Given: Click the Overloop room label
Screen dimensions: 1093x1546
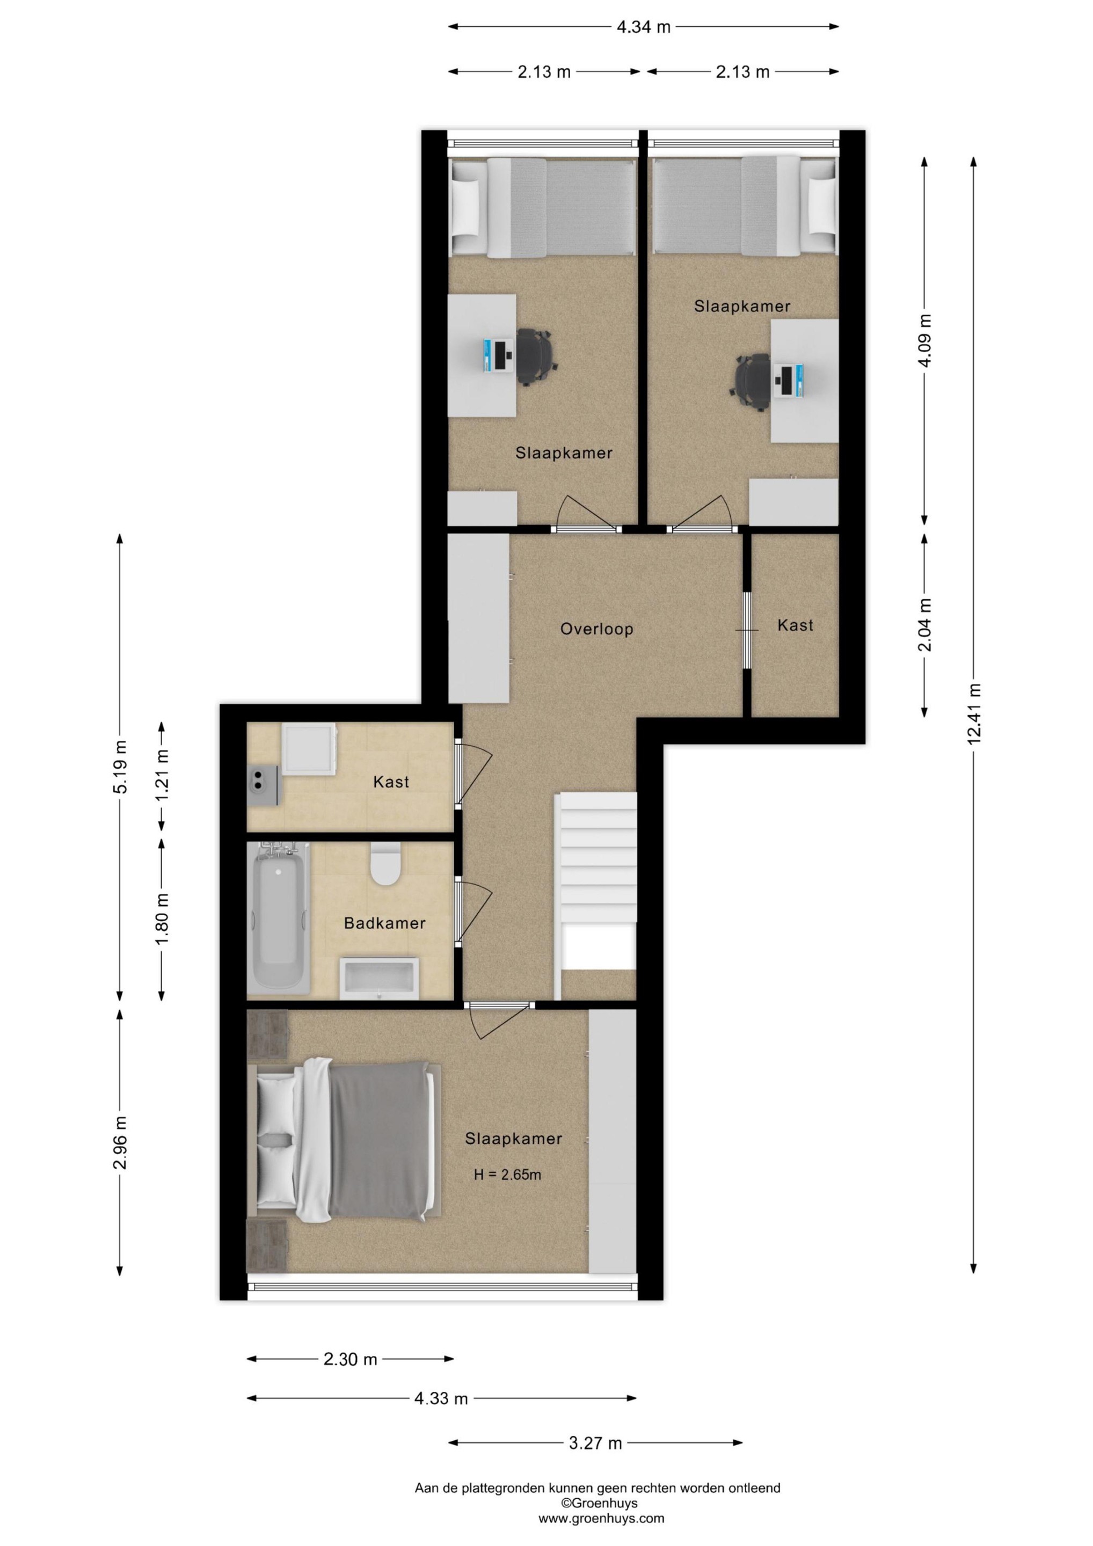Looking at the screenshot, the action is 596,629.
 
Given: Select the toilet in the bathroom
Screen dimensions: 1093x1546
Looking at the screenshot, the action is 386,864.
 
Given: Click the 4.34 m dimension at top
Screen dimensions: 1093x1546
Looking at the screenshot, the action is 644,27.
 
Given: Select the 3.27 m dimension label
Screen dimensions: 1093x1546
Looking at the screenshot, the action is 595,1443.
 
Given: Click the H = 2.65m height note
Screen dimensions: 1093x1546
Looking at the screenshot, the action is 507,1175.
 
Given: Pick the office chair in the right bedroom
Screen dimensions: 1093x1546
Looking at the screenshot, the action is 749,382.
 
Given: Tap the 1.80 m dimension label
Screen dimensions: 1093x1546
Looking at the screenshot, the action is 162,919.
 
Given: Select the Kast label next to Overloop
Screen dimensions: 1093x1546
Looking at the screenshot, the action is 796,625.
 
